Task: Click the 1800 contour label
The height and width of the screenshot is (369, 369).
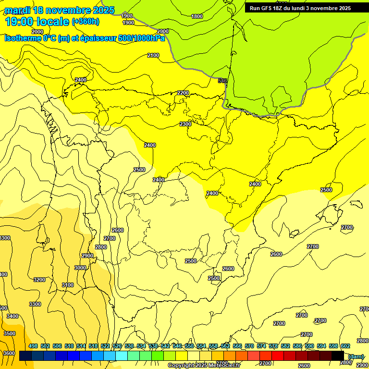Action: pos(197,16)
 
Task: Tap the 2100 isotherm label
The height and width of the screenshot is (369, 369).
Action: pos(153,56)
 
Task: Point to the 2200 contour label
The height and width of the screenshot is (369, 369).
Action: pos(183,93)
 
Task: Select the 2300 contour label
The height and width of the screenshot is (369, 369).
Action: pos(185,124)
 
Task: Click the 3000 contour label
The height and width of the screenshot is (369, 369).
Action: pos(80,268)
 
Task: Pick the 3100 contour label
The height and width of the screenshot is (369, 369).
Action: pos(68,285)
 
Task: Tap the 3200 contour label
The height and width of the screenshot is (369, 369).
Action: pos(39,280)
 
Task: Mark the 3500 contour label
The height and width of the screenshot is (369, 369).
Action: pos(9,333)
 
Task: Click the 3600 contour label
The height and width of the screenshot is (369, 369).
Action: pos(9,353)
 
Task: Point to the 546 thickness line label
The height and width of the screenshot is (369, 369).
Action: pos(222,81)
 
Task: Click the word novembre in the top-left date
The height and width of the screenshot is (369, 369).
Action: pos(70,10)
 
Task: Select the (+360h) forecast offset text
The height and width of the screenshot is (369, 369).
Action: pos(86,22)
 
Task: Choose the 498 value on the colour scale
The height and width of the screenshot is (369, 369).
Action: pos(33,346)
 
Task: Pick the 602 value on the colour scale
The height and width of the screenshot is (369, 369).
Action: pos(345,346)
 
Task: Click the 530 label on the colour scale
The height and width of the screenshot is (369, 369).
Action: pos(129,346)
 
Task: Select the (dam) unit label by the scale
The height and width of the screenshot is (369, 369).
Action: pos(356,356)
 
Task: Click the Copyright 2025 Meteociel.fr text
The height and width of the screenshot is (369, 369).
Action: pos(204,366)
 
